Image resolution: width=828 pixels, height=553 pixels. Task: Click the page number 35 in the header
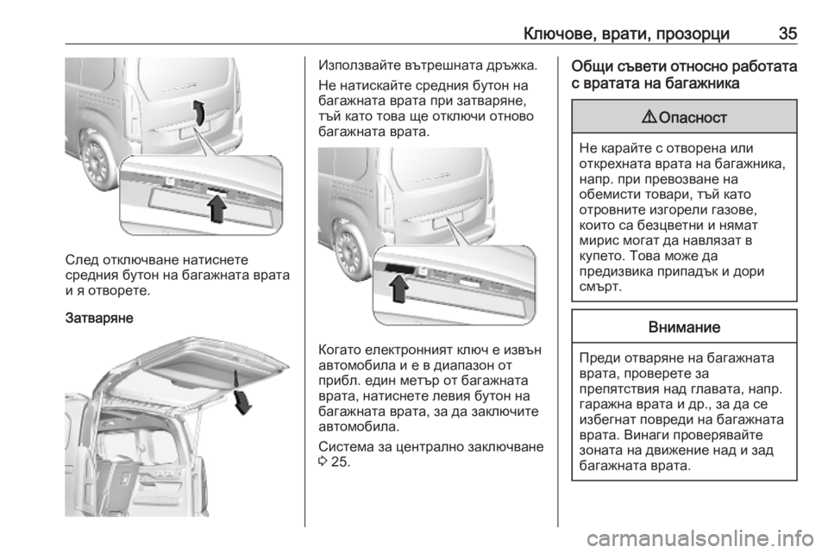tap(787, 34)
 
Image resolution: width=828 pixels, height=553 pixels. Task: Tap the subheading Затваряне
tap(99, 319)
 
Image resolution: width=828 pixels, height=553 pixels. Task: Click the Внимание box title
tap(684, 326)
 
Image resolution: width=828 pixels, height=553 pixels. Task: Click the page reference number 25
tap(340, 463)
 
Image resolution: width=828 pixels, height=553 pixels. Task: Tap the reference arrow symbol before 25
tap(323, 463)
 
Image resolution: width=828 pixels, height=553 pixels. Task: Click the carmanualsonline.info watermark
tap(700, 538)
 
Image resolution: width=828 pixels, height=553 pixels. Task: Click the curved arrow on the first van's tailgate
tap(198, 112)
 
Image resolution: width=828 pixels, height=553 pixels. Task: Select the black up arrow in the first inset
tap(216, 208)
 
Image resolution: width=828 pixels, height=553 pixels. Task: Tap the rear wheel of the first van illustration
tap(98, 159)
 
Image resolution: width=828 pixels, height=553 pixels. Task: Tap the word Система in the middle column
tap(346, 446)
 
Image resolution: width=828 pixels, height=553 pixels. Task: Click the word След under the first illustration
tap(82, 260)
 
